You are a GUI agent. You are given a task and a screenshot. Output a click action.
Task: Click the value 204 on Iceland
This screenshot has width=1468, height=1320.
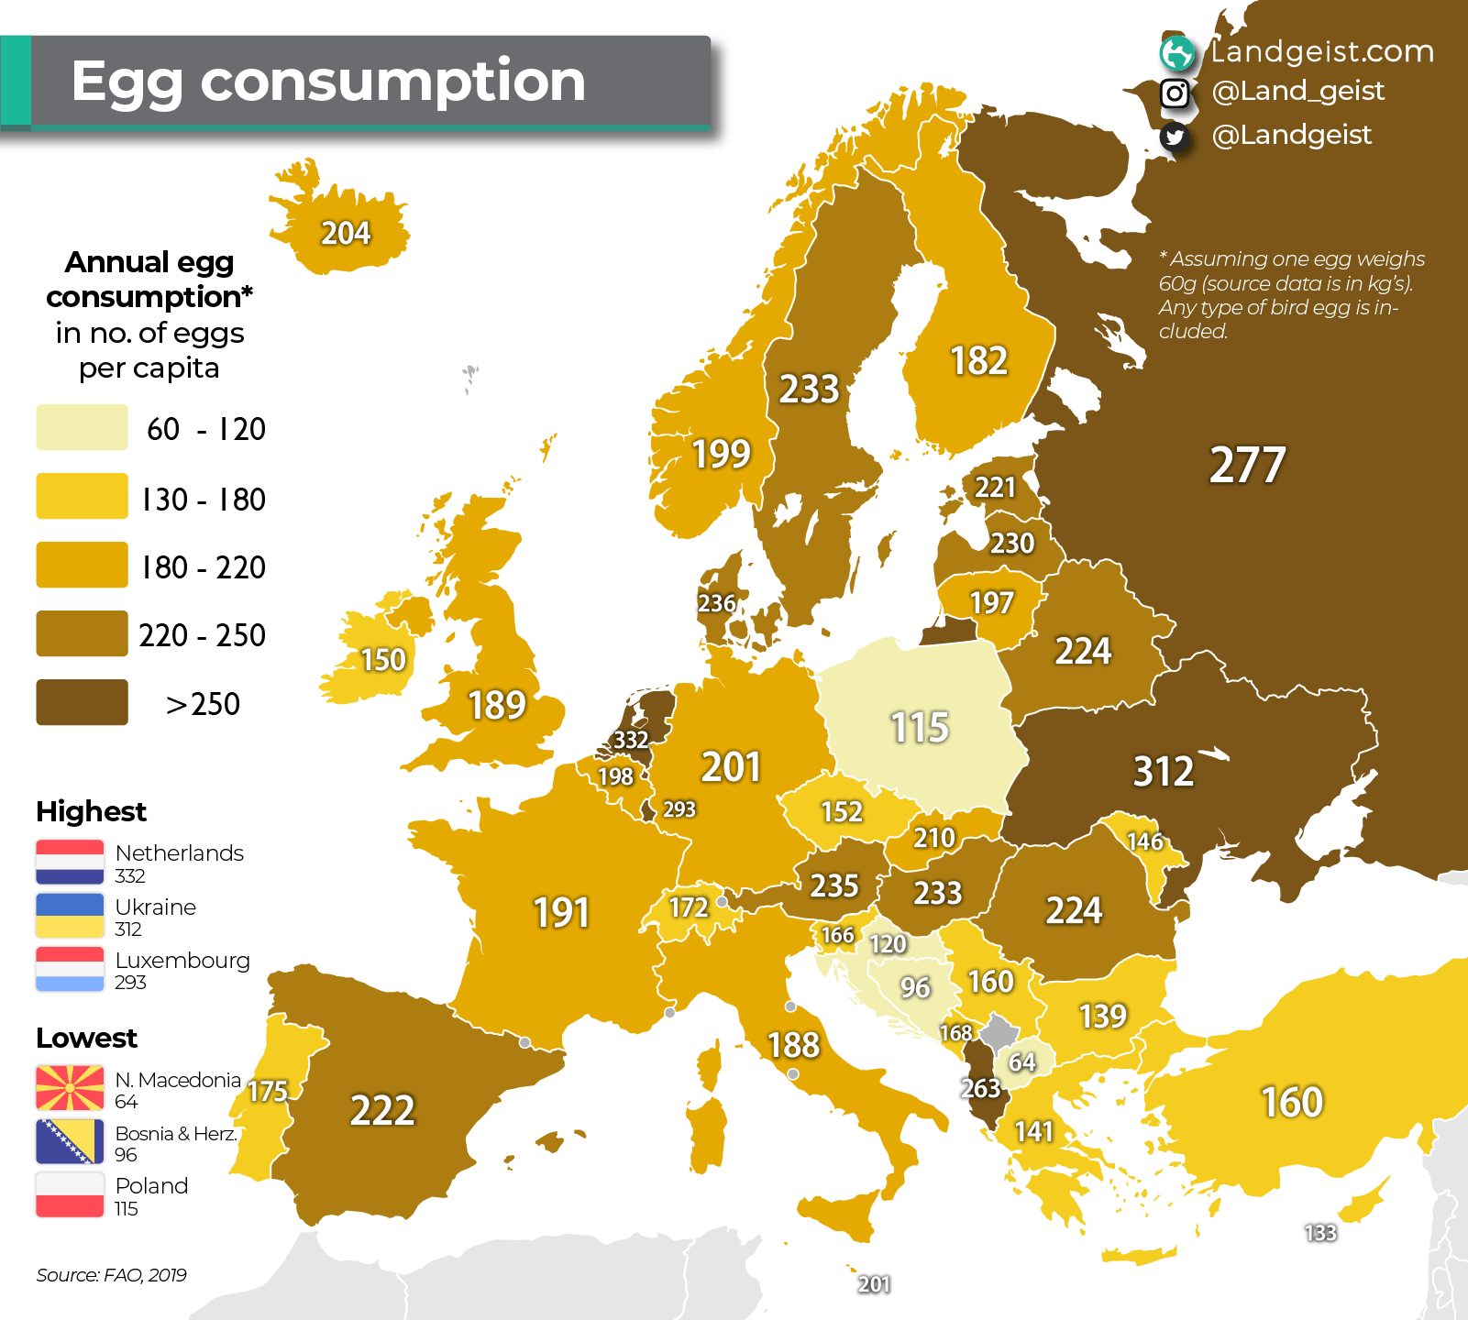pos(346,233)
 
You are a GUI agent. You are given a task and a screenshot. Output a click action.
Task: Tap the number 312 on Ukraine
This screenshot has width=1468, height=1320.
pos(1163,771)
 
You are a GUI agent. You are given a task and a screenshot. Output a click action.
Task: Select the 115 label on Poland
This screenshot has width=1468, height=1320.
pos(920,727)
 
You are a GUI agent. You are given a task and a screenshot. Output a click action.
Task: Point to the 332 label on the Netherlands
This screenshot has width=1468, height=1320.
pos(631,740)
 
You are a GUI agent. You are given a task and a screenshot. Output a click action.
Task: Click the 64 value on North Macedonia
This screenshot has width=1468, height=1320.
pos(1021,1061)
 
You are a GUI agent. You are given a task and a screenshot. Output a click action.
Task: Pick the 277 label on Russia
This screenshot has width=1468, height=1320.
pos(1247,465)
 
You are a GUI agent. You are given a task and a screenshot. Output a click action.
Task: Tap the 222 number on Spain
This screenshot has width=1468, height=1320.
pos(382,1110)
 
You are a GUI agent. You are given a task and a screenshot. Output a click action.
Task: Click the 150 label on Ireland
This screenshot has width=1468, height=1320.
pos(382,659)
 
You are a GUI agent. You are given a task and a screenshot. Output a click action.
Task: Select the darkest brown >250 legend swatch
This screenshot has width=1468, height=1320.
pos(82,702)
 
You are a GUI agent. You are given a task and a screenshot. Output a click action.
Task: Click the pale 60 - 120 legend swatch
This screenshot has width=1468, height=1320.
pos(82,427)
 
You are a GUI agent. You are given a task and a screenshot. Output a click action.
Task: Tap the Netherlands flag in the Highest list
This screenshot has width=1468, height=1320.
pos(70,862)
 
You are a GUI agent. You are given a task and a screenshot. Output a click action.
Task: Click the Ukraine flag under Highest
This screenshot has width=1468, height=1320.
pos(70,915)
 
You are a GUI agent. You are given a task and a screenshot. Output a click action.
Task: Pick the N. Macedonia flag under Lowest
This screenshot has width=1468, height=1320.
pos(70,1088)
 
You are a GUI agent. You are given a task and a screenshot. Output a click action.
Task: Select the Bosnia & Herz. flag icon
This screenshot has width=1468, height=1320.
pos(70,1141)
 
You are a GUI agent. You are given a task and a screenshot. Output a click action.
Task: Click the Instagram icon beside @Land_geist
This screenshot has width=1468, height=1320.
pos(1175,93)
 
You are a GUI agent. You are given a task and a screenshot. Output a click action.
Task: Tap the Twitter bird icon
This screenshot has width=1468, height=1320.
pos(1175,137)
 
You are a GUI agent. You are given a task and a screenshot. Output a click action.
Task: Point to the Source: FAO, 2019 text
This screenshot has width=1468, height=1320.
pos(111,1275)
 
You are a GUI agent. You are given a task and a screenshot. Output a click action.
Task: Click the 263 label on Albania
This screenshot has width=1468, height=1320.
pos(979,1088)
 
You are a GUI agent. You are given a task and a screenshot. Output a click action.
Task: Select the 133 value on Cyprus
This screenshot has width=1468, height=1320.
pos(1319,1233)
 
